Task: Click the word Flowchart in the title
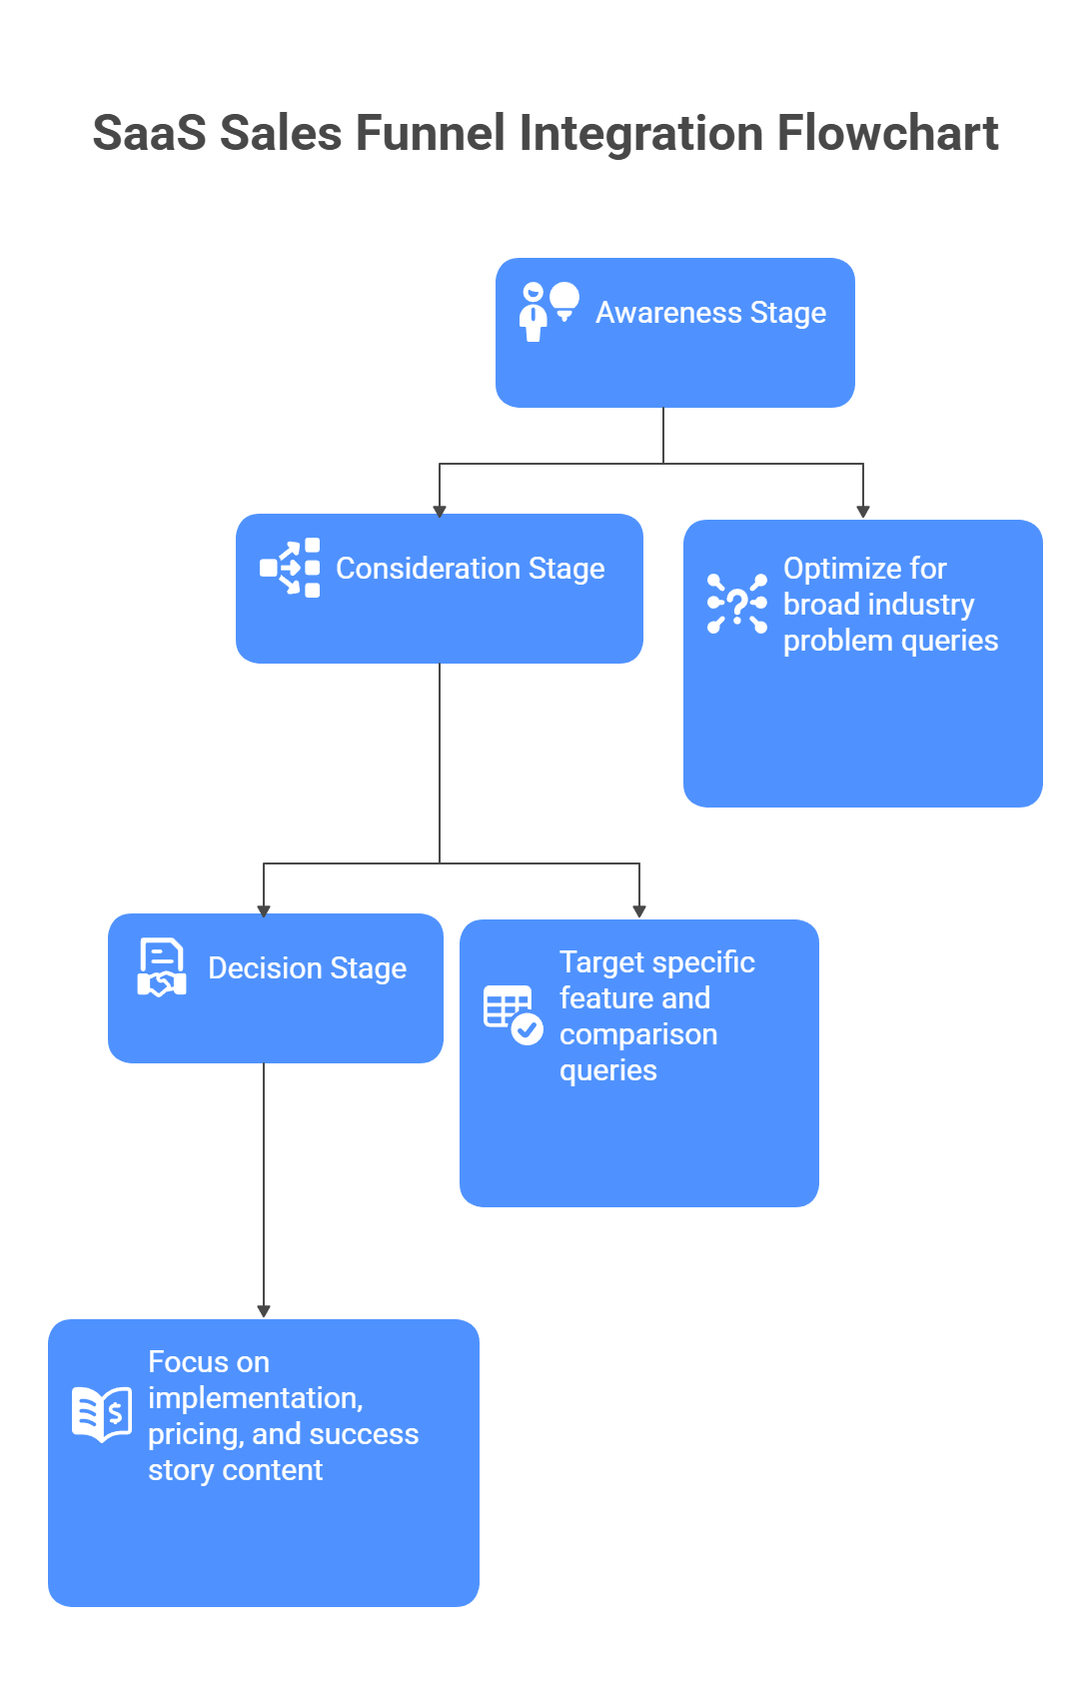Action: (887, 133)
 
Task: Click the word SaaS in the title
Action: (149, 133)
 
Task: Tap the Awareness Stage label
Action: (710, 313)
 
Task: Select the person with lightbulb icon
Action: (548, 311)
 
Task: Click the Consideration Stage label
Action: (470, 569)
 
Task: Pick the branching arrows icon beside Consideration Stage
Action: (290, 568)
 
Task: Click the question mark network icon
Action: (737, 604)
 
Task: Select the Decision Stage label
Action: (307, 968)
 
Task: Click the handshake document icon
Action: (161, 967)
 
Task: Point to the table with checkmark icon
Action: (513, 1014)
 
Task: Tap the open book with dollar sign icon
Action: (102, 1414)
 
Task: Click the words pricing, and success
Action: (283, 1434)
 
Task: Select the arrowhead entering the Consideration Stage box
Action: (440, 510)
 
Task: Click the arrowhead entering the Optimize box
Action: (863, 512)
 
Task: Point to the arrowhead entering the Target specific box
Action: (639, 910)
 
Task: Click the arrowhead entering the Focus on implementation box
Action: (264, 1311)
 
